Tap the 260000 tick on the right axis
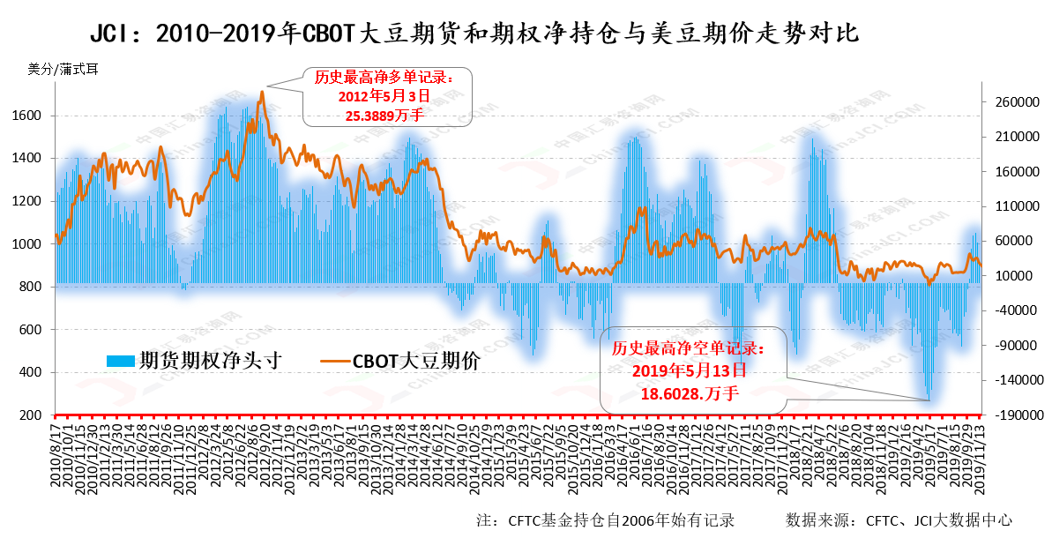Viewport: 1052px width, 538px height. tap(1013, 102)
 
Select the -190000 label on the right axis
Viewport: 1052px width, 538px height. tap(1011, 415)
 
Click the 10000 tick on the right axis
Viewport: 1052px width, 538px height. tap(1017, 276)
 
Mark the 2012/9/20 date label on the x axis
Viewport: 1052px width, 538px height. tap(263, 449)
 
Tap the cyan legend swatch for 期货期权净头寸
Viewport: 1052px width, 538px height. tap(121, 361)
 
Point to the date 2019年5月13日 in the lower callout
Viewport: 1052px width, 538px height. tap(690, 369)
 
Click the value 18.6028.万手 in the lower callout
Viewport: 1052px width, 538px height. tap(690, 389)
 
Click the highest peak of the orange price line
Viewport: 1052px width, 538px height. tap(262, 92)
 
